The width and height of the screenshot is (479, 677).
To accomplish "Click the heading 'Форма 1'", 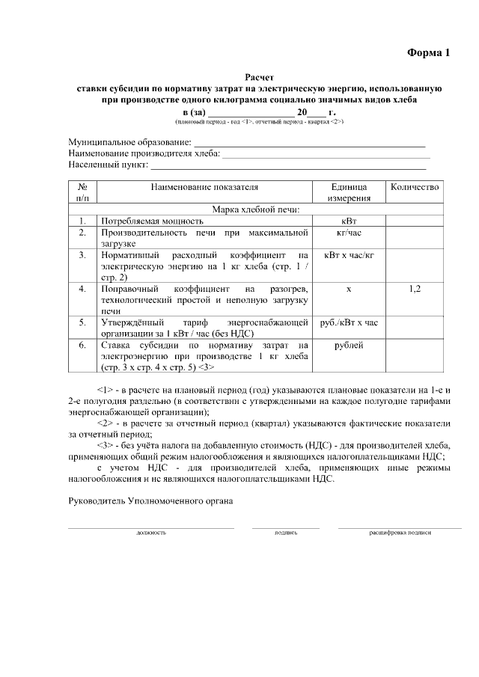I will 429,52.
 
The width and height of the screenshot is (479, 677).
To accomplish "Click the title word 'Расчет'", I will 260,77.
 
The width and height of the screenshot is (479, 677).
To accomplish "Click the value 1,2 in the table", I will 415,288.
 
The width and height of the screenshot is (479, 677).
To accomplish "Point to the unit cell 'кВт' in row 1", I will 349,221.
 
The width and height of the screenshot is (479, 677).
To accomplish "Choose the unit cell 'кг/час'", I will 349,233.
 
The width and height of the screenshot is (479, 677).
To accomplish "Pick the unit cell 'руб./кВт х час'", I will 349,322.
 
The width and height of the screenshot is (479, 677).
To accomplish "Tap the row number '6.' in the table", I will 82,346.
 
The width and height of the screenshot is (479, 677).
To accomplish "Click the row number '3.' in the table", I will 82,255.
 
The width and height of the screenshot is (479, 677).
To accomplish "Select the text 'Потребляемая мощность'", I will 153,221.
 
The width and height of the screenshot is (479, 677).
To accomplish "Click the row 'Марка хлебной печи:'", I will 255,209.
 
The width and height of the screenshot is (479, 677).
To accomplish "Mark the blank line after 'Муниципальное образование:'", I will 309,142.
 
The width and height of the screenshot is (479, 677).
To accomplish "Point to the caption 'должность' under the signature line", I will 150,533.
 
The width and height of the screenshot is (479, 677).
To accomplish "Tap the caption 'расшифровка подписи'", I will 400,533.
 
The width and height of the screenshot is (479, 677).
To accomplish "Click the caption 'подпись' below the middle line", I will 285,533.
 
